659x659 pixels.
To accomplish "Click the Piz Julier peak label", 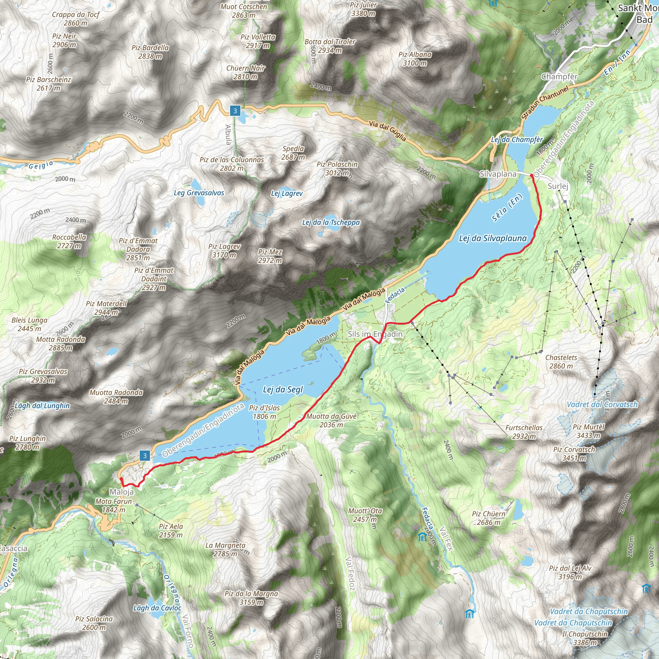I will click(363, 9).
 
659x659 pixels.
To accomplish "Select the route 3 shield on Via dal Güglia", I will click(235, 111).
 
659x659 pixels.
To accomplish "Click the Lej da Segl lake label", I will click(283, 390).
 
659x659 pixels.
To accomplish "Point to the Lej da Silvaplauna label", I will click(493, 238).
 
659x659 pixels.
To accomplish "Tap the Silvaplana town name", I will click(498, 174).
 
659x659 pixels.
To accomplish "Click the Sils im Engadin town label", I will click(375, 334).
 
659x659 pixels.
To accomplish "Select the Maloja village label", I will click(122, 492).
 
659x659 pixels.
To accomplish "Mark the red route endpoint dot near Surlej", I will click(532, 175).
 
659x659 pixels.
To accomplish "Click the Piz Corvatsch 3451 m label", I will click(574, 454).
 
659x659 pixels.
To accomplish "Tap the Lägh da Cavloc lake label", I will click(157, 608).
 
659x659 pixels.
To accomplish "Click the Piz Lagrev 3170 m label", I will click(225, 250).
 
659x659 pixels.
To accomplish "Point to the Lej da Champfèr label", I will click(517, 140).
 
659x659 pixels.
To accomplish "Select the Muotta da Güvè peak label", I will click(331, 420).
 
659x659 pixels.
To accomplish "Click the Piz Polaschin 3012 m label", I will click(337, 168).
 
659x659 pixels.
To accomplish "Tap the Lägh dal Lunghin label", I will click(42, 405).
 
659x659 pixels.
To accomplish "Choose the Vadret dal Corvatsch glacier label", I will click(602, 404).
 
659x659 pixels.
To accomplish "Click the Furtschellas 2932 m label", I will click(524, 432).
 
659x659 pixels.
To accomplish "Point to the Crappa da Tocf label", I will click(75, 19).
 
